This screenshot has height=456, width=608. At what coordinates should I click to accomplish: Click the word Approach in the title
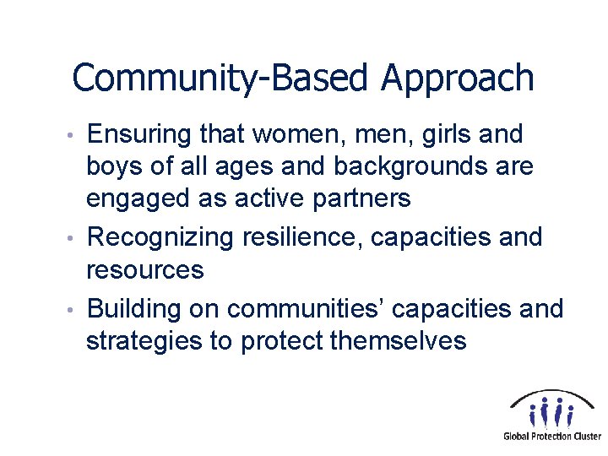457,79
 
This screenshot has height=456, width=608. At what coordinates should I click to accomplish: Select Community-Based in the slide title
222,79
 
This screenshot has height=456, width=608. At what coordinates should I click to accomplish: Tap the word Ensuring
140,134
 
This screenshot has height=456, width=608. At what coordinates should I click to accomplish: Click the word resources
144,270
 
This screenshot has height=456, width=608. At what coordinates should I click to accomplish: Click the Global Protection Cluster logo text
552,437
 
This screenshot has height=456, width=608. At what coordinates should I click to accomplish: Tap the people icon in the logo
551,411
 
